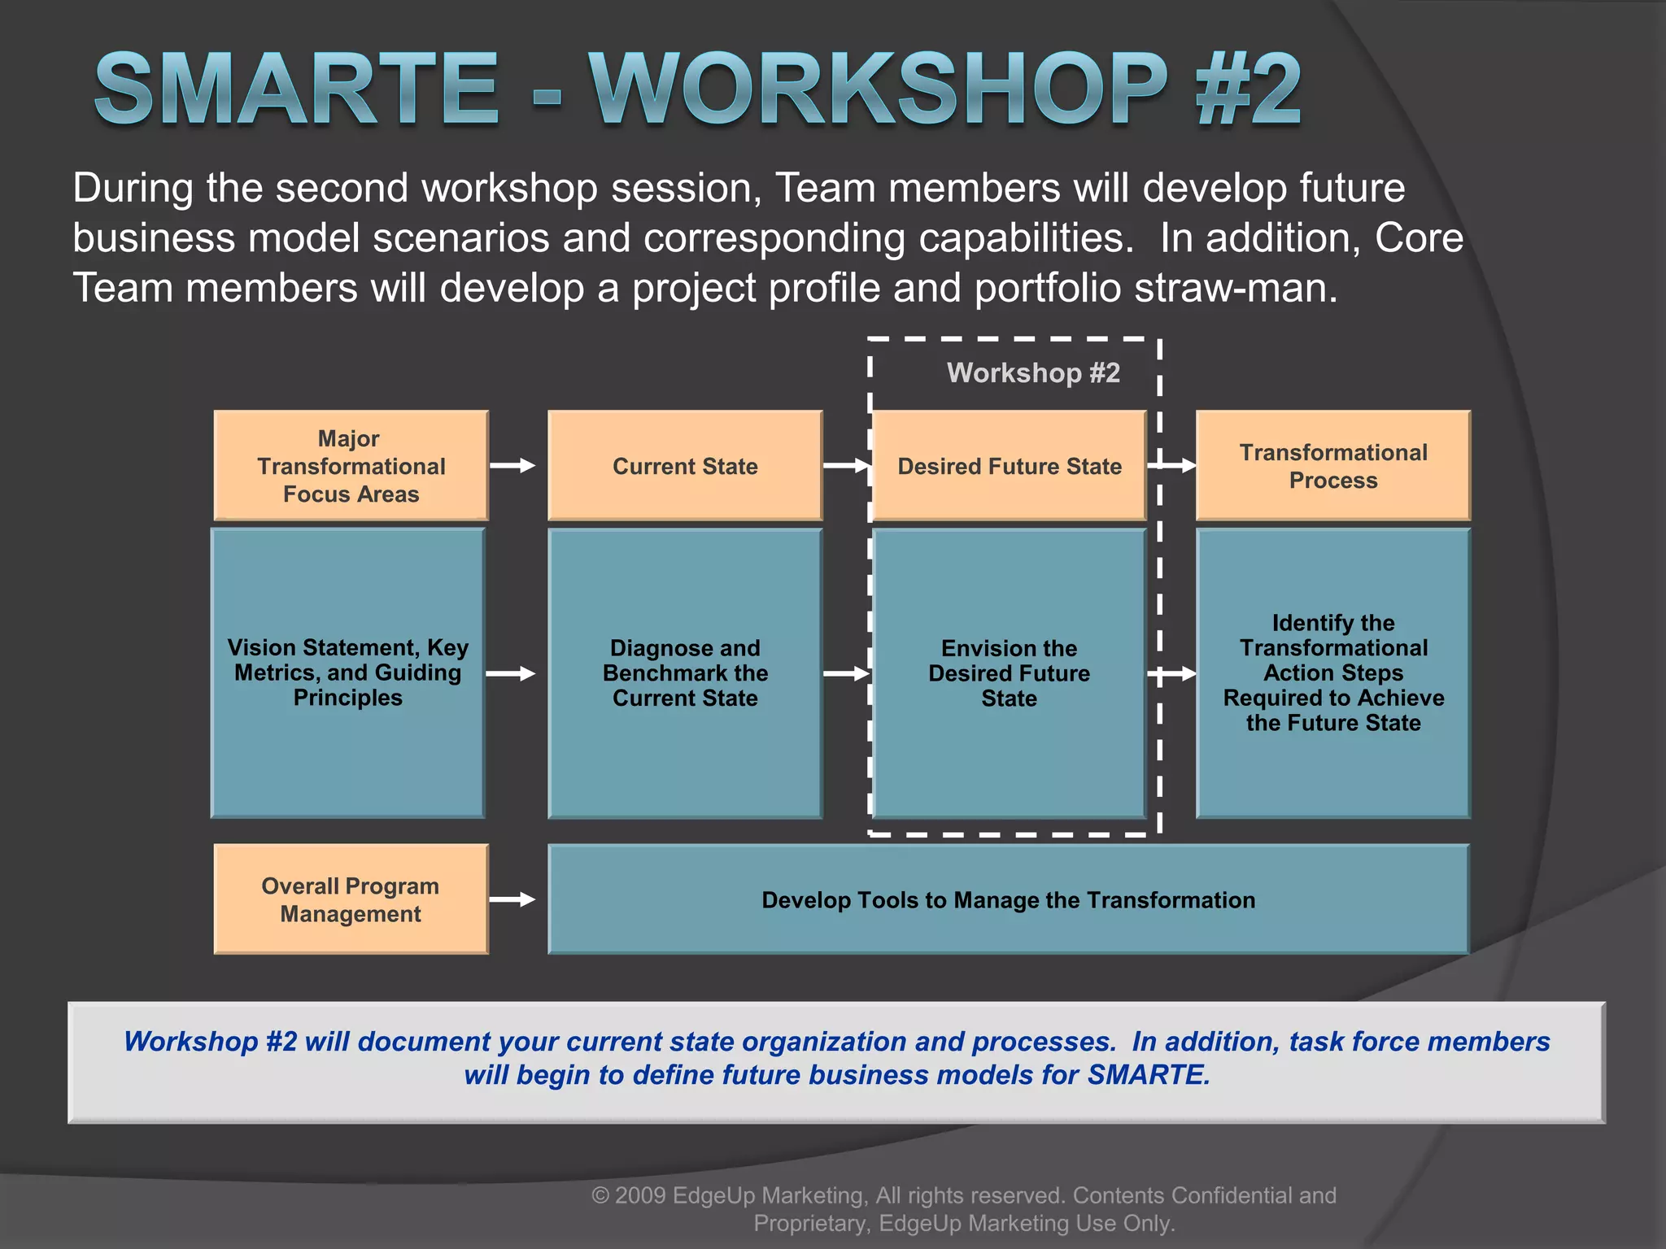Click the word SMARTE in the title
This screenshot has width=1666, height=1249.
[x=297, y=89]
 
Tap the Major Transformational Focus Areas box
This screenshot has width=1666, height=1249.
[x=351, y=466]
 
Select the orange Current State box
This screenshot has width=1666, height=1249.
[x=685, y=466]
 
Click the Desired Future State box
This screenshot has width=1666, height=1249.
[x=1009, y=466]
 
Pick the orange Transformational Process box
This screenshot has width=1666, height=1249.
[x=1333, y=466]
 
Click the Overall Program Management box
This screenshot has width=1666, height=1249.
[x=351, y=899]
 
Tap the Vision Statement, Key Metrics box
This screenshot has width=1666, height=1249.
[x=348, y=672]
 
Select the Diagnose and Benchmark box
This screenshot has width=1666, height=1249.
[x=685, y=672]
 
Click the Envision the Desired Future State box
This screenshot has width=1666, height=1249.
[x=1009, y=672]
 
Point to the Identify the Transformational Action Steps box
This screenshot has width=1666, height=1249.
[x=1333, y=672]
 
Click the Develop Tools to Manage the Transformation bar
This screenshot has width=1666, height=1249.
[x=1009, y=899]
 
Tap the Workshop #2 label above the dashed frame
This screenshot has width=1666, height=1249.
[x=1033, y=372]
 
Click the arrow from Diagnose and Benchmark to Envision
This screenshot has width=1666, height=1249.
[x=846, y=673]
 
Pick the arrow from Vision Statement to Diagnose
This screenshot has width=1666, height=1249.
[x=511, y=673]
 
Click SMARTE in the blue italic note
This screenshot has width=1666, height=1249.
[x=1147, y=1075]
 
